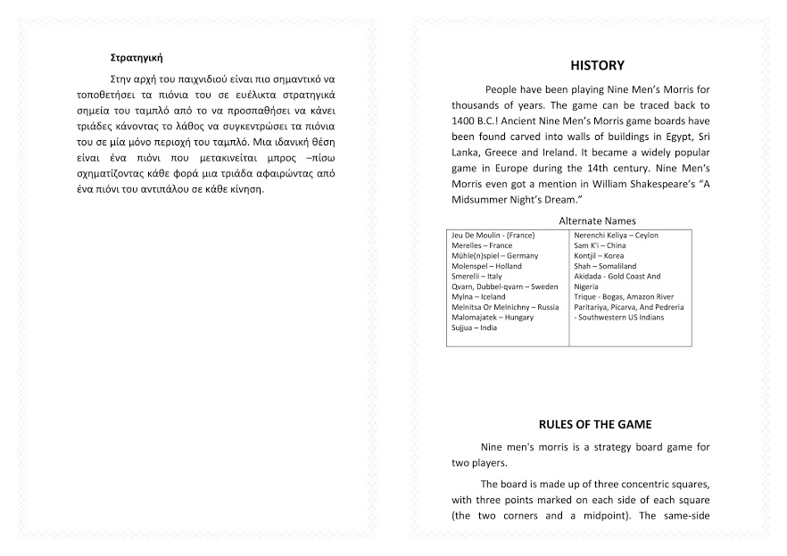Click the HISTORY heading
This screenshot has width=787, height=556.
[x=597, y=65]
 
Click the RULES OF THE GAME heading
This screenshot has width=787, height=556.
[x=595, y=424]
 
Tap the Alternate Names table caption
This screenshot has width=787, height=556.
[x=597, y=220]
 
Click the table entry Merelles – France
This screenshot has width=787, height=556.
[x=482, y=245]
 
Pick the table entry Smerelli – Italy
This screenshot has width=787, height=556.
[x=476, y=277]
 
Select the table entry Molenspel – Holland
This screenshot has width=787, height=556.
[x=486, y=266]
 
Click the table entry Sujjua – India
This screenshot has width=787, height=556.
[x=475, y=328]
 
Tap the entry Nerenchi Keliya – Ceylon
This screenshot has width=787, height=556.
[x=616, y=236]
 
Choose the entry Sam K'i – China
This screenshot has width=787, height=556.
[x=600, y=245]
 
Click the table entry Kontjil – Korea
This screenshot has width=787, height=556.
[x=599, y=256]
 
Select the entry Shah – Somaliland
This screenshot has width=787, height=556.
[x=605, y=266]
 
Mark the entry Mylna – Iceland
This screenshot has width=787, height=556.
[x=478, y=296]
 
